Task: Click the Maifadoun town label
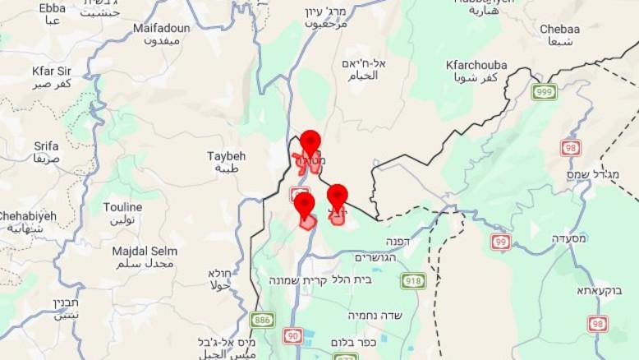[161, 28]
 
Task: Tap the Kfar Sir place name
[52, 71]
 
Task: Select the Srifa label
[46, 146]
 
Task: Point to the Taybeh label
[226, 156]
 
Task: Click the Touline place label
[122, 207]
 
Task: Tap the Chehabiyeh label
[28, 216]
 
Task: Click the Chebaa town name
[559, 30]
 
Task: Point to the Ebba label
[52, 8]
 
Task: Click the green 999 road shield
[544, 91]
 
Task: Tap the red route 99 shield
[500, 242]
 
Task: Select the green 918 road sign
[413, 281]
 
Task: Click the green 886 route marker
[262, 319]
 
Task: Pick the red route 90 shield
[292, 335]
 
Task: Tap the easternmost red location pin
[337, 196]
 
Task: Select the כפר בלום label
[353, 342]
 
